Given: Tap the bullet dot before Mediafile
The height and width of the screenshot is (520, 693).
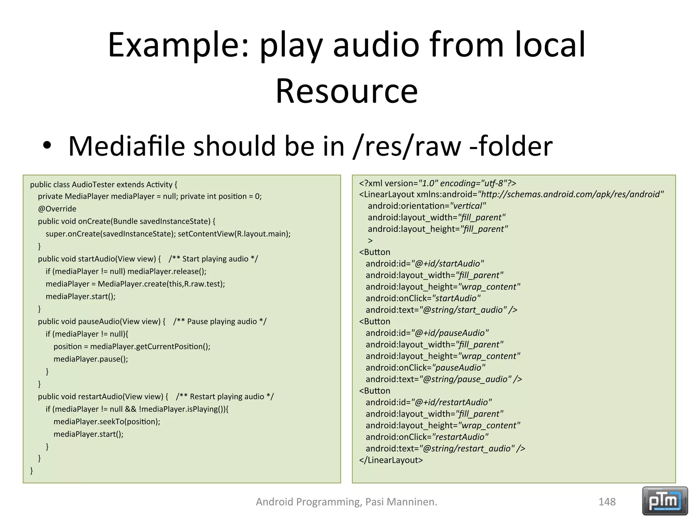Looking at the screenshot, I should [47, 146].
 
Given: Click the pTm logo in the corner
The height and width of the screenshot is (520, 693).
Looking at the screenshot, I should [665, 501].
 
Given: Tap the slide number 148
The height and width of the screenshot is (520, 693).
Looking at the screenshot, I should [607, 502].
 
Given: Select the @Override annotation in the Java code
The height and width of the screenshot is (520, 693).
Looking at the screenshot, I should [57, 209].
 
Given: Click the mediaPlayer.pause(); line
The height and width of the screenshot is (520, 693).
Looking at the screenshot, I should [91, 359].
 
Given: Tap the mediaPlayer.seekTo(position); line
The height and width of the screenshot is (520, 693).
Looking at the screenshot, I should [107, 422].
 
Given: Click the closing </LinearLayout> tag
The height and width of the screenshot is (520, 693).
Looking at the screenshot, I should [391, 460].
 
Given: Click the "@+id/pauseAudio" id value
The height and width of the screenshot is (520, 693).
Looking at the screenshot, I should [450, 333].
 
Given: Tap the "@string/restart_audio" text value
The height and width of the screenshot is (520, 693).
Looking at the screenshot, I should [467, 449].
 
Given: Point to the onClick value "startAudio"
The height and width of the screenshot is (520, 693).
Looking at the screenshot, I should [456, 298].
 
